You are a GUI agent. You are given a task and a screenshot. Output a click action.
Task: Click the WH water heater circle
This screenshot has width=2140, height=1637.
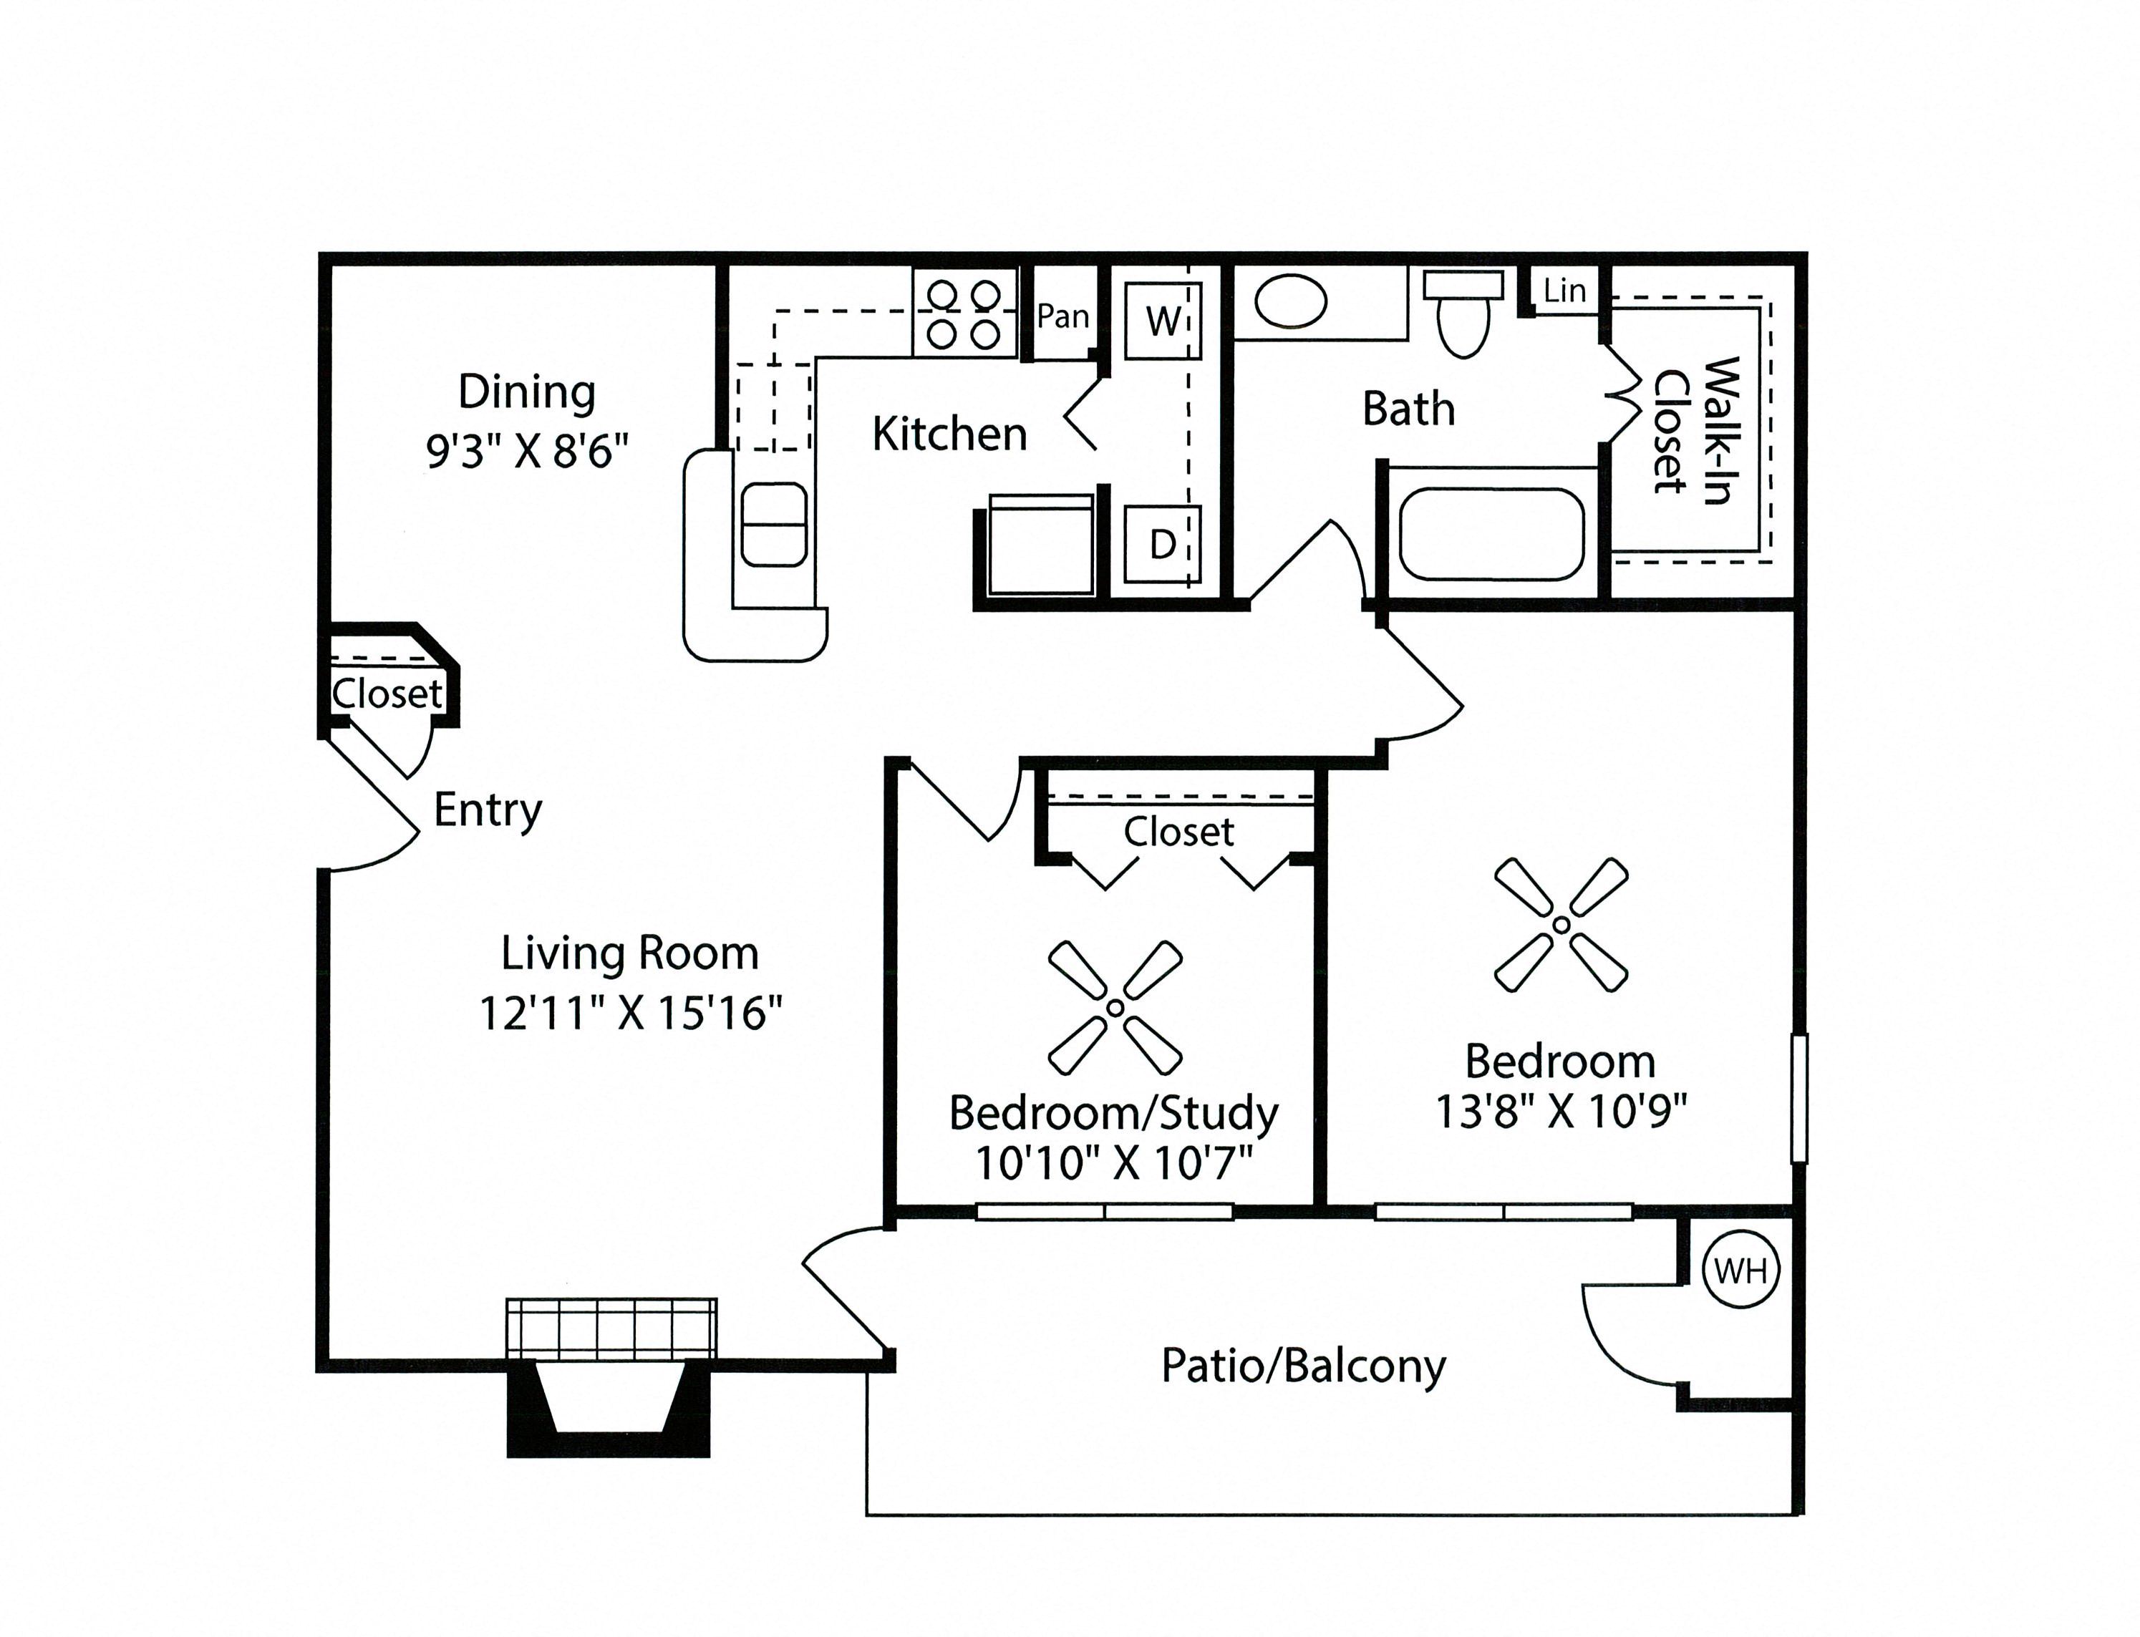pos(1740,1270)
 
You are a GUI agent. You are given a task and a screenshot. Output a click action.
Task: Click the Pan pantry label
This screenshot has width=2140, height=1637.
pos(1062,316)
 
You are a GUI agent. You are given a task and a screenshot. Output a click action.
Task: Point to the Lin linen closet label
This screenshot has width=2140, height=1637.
pos(1564,291)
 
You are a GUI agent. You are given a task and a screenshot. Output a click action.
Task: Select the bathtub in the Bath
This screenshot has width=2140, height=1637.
pos(1491,534)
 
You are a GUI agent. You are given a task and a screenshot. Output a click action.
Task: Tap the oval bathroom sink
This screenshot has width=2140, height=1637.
pos(1290,301)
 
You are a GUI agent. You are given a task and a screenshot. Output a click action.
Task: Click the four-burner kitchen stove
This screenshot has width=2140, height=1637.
pos(964,314)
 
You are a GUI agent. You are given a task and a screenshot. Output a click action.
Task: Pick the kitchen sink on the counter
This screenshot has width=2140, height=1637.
pos(774,524)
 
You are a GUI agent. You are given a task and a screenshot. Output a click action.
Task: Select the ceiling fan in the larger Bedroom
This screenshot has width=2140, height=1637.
pos(1561,924)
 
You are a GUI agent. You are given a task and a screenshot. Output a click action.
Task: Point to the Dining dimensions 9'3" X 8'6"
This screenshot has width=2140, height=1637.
pos(527,451)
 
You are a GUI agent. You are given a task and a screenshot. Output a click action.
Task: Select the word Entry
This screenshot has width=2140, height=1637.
pos(488,810)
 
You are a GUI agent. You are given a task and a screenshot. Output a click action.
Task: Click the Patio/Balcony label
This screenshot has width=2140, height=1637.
pos(1303,1366)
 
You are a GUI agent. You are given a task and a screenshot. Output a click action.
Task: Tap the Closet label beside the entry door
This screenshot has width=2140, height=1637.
pos(387,694)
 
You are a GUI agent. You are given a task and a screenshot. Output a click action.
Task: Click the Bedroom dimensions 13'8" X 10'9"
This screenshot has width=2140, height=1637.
pos(1560,1110)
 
